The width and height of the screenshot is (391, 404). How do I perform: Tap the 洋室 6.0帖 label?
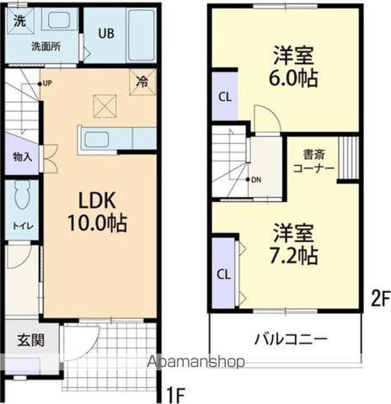tap(292, 67)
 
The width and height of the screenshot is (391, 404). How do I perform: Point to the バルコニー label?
tap(291, 340)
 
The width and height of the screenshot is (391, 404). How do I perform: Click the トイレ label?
tap(21, 225)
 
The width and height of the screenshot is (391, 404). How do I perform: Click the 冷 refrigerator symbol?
tap(142, 82)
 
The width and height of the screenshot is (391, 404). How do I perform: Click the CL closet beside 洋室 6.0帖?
tap(224, 95)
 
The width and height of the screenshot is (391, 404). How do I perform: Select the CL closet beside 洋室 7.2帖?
tap(224, 274)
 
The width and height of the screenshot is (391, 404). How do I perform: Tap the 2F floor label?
tap(380, 296)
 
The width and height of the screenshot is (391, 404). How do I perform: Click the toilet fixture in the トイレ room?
tap(22, 195)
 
